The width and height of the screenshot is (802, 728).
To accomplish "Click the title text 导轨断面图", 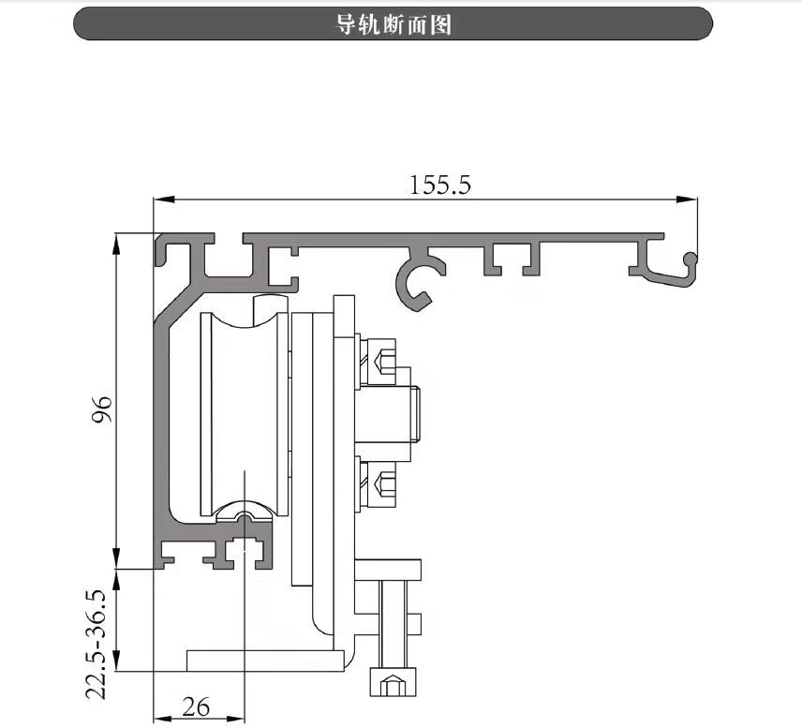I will point(394,24).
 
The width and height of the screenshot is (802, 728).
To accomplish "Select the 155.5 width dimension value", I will point(439,185).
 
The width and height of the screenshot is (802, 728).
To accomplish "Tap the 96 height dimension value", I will point(102,409).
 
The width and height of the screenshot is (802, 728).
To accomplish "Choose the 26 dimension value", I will point(196,706).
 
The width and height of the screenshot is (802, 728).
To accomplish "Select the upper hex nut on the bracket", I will point(385,360).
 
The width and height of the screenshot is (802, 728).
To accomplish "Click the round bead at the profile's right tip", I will point(691,259).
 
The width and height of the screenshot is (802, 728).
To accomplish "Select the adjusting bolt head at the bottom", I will point(393,682).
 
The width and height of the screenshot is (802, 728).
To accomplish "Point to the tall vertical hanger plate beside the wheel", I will point(304,450).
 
